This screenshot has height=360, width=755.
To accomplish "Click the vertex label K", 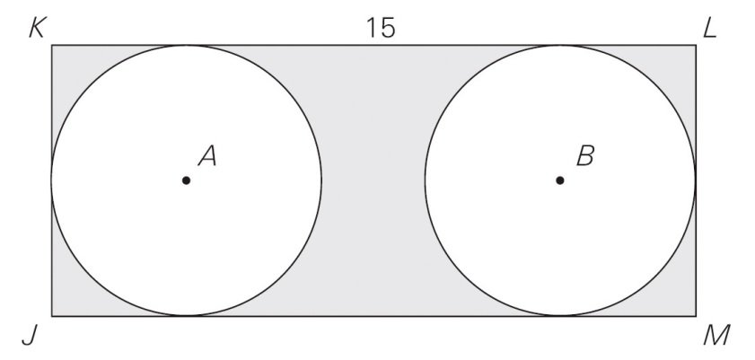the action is tap(37, 30).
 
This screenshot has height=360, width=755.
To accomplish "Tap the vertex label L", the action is tap(710, 30).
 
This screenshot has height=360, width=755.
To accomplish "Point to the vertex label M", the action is tap(716, 335).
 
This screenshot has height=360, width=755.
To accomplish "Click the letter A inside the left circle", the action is tap(207, 156).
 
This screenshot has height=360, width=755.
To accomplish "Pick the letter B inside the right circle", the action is tap(585, 156).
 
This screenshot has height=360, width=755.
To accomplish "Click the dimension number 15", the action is tap(381, 28).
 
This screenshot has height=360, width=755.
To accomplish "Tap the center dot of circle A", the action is tap(187, 180).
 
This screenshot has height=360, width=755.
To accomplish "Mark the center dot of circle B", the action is tap(559, 180).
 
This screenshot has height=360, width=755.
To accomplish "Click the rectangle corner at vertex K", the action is tap(52, 45).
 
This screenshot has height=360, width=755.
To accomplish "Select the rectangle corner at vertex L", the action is tap(696, 45).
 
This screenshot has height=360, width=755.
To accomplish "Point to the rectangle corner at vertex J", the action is tap(52, 316).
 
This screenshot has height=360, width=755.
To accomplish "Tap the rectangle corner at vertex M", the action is tap(696, 316).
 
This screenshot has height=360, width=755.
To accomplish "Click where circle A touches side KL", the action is tap(187, 45).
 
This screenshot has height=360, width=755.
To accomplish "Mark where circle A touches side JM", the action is tap(187, 316).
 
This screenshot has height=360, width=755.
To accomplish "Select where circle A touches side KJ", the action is tap(52, 180).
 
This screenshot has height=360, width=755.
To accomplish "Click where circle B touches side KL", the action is tap(560, 45).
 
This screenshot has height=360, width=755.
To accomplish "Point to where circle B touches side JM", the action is tap(560, 316).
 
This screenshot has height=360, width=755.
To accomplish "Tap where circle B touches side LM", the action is tap(696, 180).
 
